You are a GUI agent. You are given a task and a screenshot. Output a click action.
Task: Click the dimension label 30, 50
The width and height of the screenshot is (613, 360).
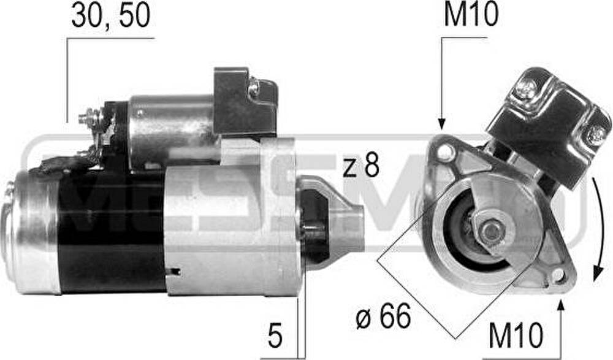[110, 16]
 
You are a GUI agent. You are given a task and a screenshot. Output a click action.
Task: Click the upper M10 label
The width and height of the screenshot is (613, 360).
[471, 14]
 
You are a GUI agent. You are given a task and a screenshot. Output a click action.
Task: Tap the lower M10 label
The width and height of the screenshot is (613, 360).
[516, 335]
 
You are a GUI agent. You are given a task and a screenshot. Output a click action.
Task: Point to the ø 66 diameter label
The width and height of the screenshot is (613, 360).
[384, 316]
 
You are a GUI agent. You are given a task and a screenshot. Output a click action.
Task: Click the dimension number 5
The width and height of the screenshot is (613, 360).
[275, 335]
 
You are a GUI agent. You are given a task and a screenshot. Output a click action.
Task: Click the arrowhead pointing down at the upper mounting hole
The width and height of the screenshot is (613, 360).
[441, 124]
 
